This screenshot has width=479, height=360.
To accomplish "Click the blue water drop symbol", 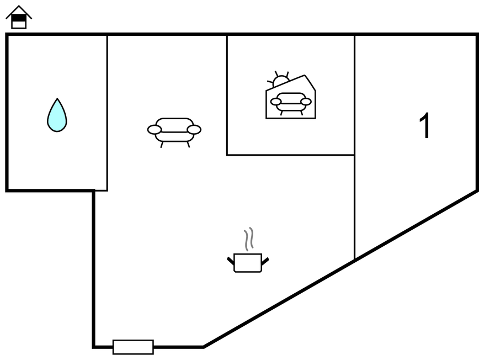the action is (57, 115).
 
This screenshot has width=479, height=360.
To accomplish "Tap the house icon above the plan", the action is (19, 17).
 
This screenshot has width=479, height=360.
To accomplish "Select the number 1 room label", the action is (424, 125).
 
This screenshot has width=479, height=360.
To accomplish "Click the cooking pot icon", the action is (248, 262).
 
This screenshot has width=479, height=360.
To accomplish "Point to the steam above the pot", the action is (249, 239).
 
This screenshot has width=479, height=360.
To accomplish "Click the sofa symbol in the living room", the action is (174, 133).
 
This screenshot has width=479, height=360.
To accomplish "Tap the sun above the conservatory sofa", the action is (280, 79).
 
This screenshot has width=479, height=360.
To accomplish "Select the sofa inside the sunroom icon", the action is (291, 103).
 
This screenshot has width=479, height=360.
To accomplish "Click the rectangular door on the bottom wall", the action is (133, 347).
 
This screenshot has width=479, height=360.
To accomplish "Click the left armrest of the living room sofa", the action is (155, 130).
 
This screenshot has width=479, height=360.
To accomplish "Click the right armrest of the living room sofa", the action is (194, 130).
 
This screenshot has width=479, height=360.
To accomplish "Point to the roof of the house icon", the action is (19, 11).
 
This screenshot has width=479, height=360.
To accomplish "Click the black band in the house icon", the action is (19, 19).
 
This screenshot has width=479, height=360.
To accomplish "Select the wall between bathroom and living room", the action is (107, 113).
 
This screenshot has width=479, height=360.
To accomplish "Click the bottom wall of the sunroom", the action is (290, 155).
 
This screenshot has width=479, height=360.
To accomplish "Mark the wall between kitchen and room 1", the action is (354, 147).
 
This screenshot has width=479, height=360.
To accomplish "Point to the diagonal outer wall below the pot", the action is (340, 268).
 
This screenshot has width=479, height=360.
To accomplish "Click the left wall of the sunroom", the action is (227, 96).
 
